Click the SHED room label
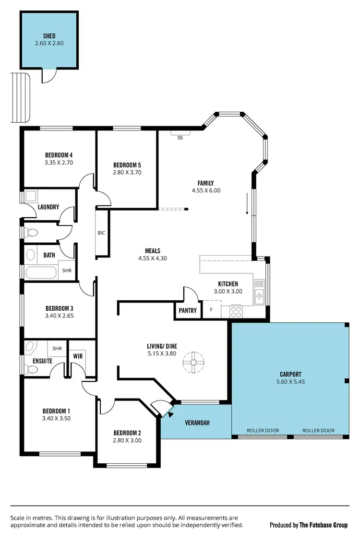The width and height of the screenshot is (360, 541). pos(49,36)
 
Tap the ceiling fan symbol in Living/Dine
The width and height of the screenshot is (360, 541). pos(194,363)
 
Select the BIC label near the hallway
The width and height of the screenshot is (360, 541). pos(101,233)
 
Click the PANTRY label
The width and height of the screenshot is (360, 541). pos(188,310)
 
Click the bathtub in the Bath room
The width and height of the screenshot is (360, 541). pos(41,273)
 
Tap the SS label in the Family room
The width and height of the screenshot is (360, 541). pos(180,137)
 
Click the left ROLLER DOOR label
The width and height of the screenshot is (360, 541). pos(263,430)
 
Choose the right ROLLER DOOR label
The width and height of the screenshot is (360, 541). pos(318,430)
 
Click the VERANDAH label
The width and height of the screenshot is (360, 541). pos(197,423)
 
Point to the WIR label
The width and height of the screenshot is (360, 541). pos(78,356)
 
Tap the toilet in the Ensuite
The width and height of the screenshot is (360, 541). pos(33,369)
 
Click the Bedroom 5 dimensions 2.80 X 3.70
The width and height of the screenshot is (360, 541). pos(127,172)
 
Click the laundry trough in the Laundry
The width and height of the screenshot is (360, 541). pos(31,196)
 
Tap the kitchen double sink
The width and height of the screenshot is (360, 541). pos(259,296)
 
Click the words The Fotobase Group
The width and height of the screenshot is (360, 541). pos(324,525)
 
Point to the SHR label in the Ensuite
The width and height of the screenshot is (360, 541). pos(57,348)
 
